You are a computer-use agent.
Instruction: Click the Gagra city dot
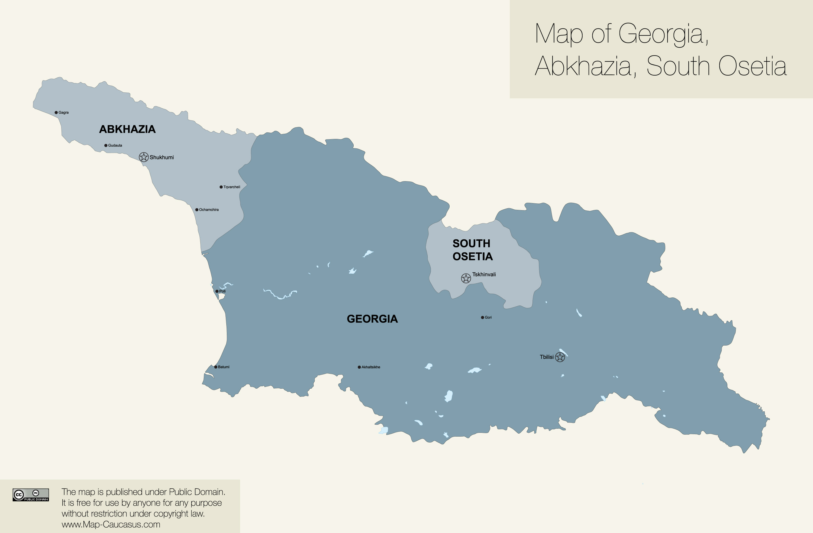(x=56, y=112)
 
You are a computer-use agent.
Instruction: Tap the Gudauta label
(x=115, y=145)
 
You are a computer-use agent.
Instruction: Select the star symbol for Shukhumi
(x=144, y=157)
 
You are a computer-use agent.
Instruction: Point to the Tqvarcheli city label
(x=232, y=187)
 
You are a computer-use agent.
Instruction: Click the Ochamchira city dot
(x=197, y=210)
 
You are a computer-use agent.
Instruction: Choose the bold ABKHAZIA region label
(x=127, y=129)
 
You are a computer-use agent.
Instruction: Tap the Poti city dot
(x=217, y=291)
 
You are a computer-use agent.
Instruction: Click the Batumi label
(x=224, y=367)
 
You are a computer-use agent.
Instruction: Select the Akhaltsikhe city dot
(x=359, y=367)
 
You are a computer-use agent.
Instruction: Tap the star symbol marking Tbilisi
(x=560, y=357)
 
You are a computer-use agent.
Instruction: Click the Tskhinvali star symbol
(x=466, y=278)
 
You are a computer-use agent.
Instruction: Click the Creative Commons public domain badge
(x=31, y=495)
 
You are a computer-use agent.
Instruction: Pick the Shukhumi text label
(x=162, y=157)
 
